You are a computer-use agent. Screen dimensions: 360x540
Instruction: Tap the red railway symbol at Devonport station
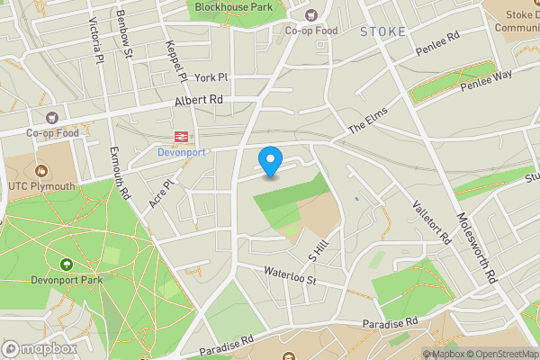181,137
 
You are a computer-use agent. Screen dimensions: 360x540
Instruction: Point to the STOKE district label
383,31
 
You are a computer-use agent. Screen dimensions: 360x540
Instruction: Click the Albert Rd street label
200,100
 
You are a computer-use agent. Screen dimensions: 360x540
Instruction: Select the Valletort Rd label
432,220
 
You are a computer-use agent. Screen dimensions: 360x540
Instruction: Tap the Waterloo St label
291,274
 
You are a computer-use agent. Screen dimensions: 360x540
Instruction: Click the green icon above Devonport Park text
66,264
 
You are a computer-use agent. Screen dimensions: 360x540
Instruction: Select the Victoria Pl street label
93,40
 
